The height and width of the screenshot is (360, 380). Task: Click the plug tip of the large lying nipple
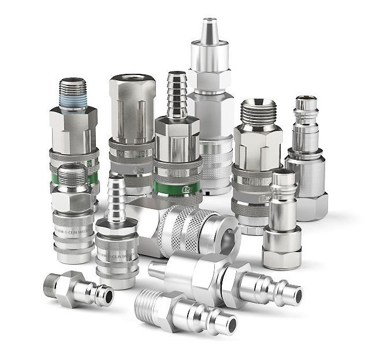click(x=291, y=295)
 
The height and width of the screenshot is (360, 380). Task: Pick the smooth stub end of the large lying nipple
click(x=158, y=268)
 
